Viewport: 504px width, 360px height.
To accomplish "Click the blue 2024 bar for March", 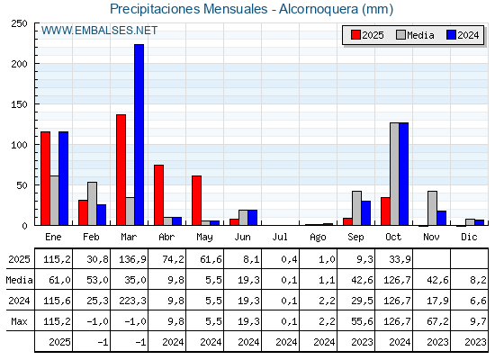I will click(139, 135).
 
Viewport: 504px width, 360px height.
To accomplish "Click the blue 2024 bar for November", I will click(441, 218).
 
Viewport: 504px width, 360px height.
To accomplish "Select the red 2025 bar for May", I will click(196, 200).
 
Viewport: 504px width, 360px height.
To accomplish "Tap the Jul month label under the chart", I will click(280, 236).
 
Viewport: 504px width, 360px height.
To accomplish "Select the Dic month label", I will click(469, 236).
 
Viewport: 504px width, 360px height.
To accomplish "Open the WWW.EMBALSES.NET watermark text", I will click(99, 31).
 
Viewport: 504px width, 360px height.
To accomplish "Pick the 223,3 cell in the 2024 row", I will click(129, 300).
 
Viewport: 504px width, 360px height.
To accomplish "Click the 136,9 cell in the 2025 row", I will click(129, 258).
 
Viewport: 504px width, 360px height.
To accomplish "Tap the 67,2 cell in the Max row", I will click(431, 320).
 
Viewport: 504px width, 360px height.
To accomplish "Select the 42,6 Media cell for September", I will click(355, 279).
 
